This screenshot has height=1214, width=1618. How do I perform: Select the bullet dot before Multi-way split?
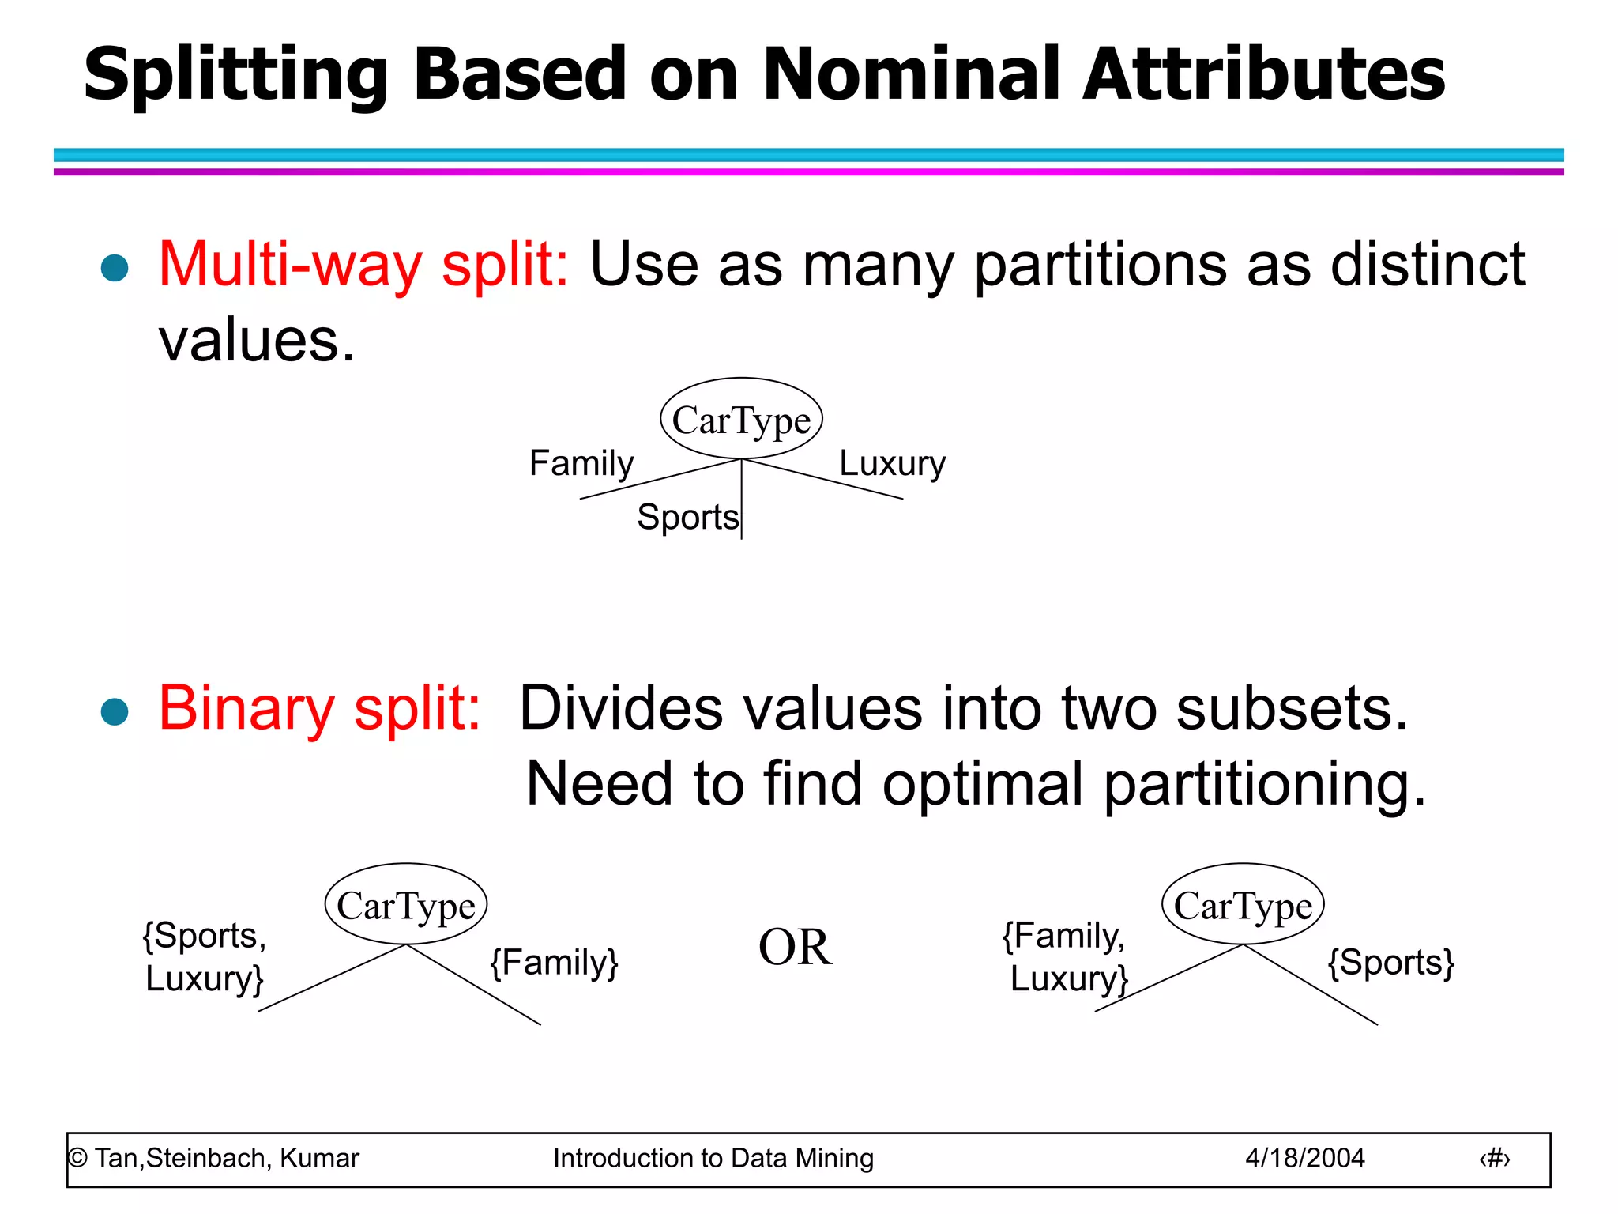coord(115,268)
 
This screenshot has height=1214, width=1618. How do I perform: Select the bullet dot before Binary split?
coord(115,711)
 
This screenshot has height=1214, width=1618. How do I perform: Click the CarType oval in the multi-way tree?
coord(741,419)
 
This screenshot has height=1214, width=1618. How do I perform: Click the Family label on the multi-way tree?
coord(581,462)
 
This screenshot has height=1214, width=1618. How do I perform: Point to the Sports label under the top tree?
coord(687,517)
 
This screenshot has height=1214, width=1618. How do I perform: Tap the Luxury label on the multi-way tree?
coord(892,462)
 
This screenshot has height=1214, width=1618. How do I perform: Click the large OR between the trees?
coord(795,947)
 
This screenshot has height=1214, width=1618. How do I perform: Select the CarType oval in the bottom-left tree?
coord(405,904)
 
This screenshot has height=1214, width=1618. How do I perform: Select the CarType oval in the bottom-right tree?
coord(1243,904)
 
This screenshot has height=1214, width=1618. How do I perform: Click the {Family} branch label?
coord(554,962)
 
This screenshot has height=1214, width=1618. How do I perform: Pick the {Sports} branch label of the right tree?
coord(1390,962)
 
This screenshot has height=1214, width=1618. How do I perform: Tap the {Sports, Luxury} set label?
coord(204,956)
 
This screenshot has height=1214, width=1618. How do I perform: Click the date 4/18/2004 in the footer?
coord(1304,1158)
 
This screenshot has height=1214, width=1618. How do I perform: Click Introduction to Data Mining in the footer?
coord(713,1158)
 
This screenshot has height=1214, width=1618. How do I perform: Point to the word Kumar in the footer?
coord(319,1158)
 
